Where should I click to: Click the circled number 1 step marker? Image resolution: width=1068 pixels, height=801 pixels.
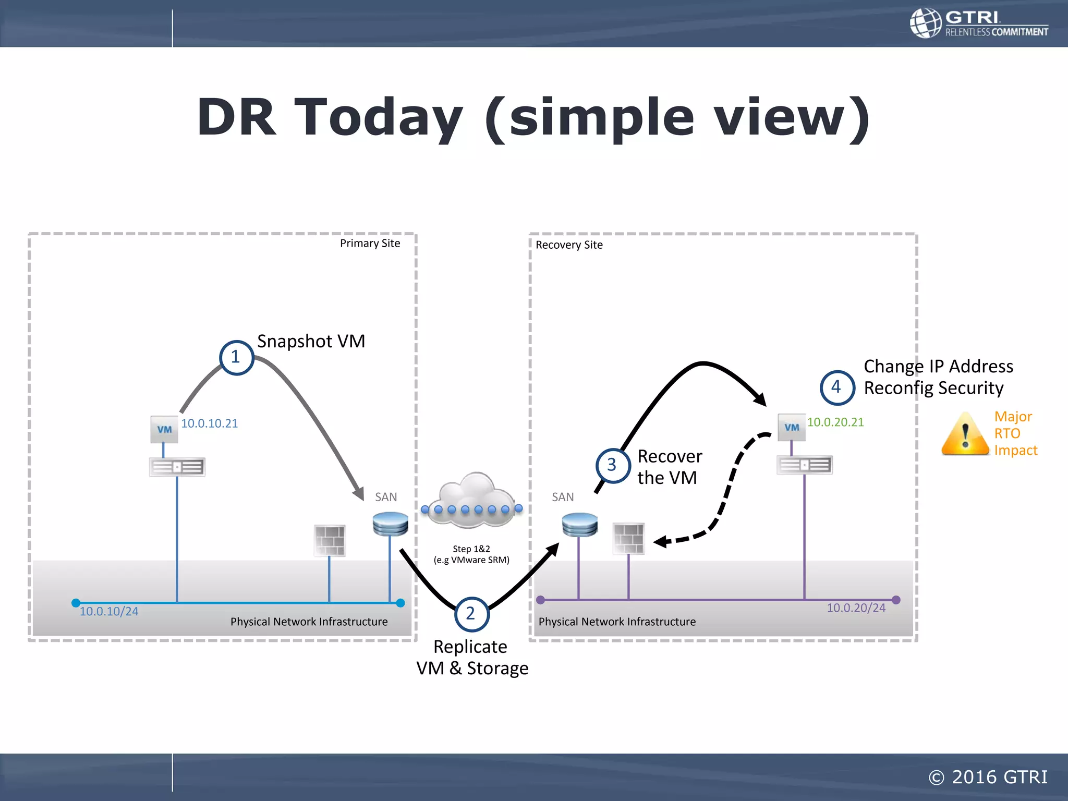(x=236, y=357)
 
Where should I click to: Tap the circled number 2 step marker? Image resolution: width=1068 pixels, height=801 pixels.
(x=471, y=614)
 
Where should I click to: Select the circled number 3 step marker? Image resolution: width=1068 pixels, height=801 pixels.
(x=612, y=465)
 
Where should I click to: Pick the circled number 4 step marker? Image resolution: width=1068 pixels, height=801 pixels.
(x=837, y=387)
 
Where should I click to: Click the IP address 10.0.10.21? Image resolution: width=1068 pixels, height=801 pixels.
(x=209, y=423)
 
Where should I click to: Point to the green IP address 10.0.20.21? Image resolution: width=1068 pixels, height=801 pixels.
(x=835, y=422)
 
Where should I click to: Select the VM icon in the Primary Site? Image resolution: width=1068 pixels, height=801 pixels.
(x=164, y=429)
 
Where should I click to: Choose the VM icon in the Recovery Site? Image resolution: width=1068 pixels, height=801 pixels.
(x=791, y=428)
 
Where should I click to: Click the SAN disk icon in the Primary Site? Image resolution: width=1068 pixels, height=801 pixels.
(x=391, y=524)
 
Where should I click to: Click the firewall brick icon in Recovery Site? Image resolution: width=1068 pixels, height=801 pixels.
(x=628, y=538)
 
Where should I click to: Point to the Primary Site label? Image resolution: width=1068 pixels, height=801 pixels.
(x=370, y=244)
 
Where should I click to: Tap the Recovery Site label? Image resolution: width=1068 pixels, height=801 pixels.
(x=569, y=245)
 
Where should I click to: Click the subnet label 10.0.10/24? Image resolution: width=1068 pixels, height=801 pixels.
(x=109, y=611)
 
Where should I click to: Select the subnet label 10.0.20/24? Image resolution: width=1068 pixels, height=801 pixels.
(x=856, y=608)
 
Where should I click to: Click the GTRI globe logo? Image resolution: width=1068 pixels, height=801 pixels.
(x=926, y=23)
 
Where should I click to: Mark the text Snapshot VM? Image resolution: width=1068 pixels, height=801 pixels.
(x=311, y=341)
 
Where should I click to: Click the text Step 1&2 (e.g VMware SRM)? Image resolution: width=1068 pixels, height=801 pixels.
(x=471, y=554)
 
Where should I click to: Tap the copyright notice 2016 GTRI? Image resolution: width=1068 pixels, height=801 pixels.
(x=988, y=777)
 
